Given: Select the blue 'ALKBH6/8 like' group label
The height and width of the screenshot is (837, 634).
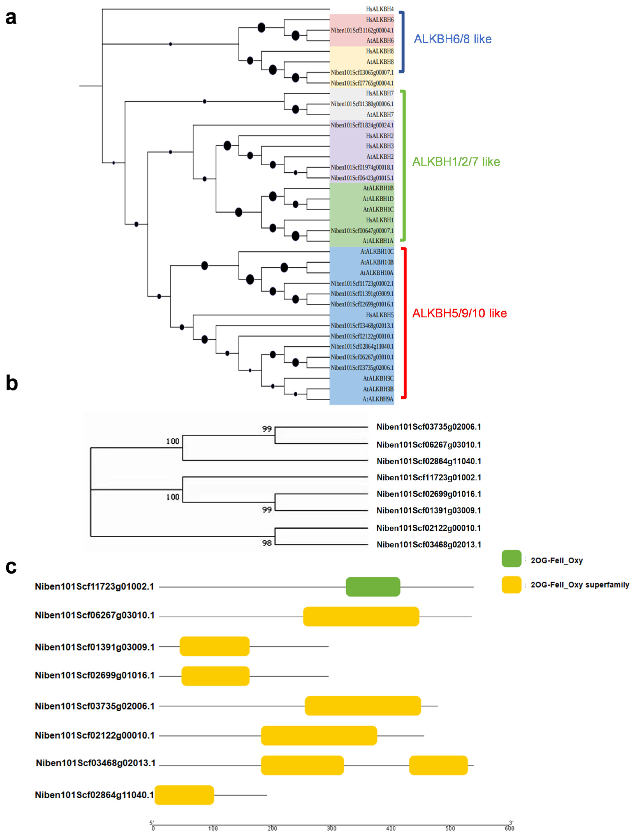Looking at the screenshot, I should (452, 39).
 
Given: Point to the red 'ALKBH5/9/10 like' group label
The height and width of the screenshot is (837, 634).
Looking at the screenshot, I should (459, 313).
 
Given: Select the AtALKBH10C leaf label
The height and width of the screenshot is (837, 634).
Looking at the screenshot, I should (377, 251).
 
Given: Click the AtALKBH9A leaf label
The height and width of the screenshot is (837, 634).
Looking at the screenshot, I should (378, 399).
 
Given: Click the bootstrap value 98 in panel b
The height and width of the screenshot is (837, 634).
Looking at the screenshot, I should (267, 543).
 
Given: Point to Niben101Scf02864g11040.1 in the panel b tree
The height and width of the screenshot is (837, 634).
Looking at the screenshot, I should (429, 461).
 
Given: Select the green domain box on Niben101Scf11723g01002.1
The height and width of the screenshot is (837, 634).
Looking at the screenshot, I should (373, 587).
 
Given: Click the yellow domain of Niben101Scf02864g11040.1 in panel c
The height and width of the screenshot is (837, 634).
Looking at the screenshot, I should (184, 795).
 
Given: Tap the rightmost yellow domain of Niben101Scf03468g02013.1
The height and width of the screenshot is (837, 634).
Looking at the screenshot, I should (438, 765).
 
